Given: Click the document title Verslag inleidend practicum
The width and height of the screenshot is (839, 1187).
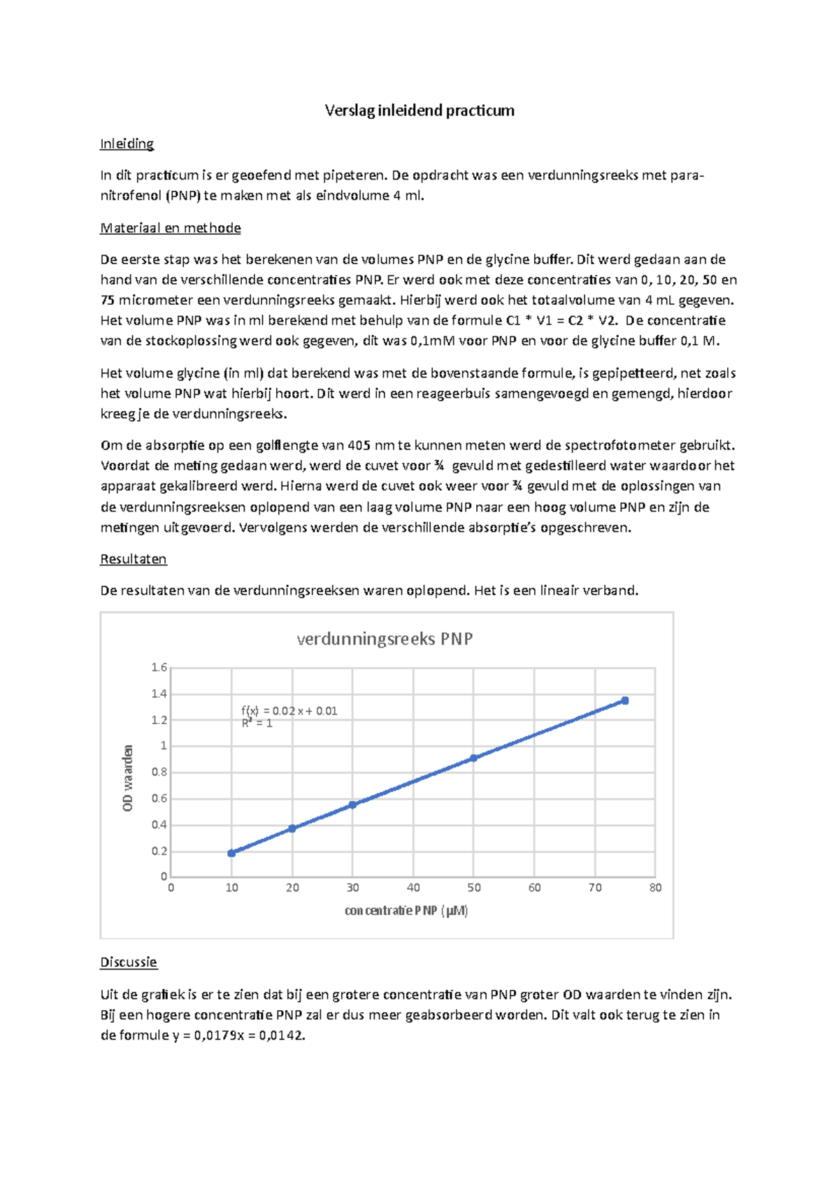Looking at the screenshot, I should pos(419,110).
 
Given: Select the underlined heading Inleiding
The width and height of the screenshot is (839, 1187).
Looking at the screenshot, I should pos(127,144).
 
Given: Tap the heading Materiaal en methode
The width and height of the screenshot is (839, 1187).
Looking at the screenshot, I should pos(171,228).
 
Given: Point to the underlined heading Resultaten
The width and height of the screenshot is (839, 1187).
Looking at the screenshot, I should pos(134,559).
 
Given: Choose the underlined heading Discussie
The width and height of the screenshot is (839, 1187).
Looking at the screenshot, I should pos(129,963).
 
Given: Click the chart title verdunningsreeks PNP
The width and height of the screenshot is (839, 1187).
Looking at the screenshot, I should pos(385,639).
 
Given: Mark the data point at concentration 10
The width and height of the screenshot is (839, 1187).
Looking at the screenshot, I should pos(231,853).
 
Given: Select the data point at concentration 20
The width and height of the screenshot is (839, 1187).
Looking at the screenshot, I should pos(292,828).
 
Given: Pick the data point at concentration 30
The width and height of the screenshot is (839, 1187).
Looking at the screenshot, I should pos(352,805).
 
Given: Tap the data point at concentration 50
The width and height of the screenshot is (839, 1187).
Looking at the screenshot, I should pos(473,758).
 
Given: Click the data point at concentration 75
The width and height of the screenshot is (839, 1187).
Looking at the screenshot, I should pos(625,700).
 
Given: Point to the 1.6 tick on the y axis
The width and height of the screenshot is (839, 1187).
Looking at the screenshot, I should pos(159,668).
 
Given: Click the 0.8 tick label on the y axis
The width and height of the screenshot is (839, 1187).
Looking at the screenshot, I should pos(159,772).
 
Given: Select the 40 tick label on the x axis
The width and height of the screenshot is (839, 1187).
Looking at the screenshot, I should pos(413,888).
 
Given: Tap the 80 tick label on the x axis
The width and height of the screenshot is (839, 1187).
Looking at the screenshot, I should pos(655,888).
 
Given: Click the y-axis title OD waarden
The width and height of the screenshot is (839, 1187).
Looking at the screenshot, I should pos(128,778).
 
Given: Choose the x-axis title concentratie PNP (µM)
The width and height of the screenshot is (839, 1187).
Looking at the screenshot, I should pos(406,911).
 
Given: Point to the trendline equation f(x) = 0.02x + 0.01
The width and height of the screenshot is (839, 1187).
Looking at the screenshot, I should pos(289,711).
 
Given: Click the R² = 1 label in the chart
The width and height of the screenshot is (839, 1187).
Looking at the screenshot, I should pos(257,724).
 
